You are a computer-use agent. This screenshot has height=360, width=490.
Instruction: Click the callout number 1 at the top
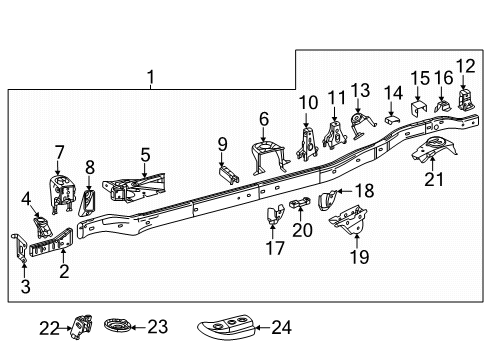click(150, 76)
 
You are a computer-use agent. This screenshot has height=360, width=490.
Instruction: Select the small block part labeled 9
click(230, 171)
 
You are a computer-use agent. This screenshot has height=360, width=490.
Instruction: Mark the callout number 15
click(419, 77)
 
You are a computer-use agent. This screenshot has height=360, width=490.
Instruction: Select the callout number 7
click(59, 151)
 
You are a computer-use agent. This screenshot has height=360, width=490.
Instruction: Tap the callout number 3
click(25, 287)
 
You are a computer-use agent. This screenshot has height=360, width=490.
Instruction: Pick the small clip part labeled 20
click(299, 207)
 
